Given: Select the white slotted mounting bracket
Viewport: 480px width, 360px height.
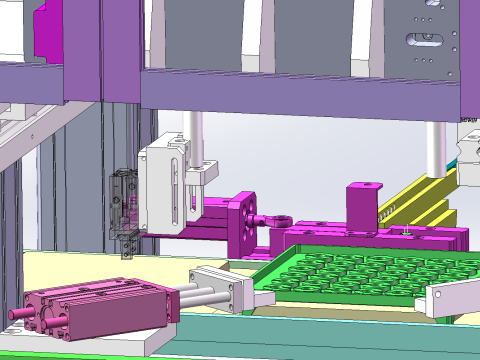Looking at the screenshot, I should (x=165, y=189).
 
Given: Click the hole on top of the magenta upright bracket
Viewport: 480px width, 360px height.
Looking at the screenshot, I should (x=364, y=185).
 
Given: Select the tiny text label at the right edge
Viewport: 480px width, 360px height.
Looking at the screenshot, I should (x=468, y=119).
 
